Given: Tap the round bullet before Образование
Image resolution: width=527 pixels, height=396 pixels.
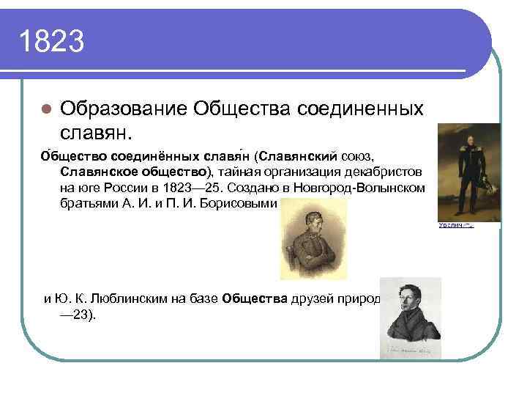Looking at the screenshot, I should (x=45, y=109).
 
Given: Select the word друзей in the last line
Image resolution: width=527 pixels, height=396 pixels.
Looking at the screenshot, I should (x=302, y=298).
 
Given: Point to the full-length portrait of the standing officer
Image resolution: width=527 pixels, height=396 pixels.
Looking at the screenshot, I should (x=468, y=172).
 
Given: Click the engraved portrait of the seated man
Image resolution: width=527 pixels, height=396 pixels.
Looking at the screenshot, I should (x=308, y=239).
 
